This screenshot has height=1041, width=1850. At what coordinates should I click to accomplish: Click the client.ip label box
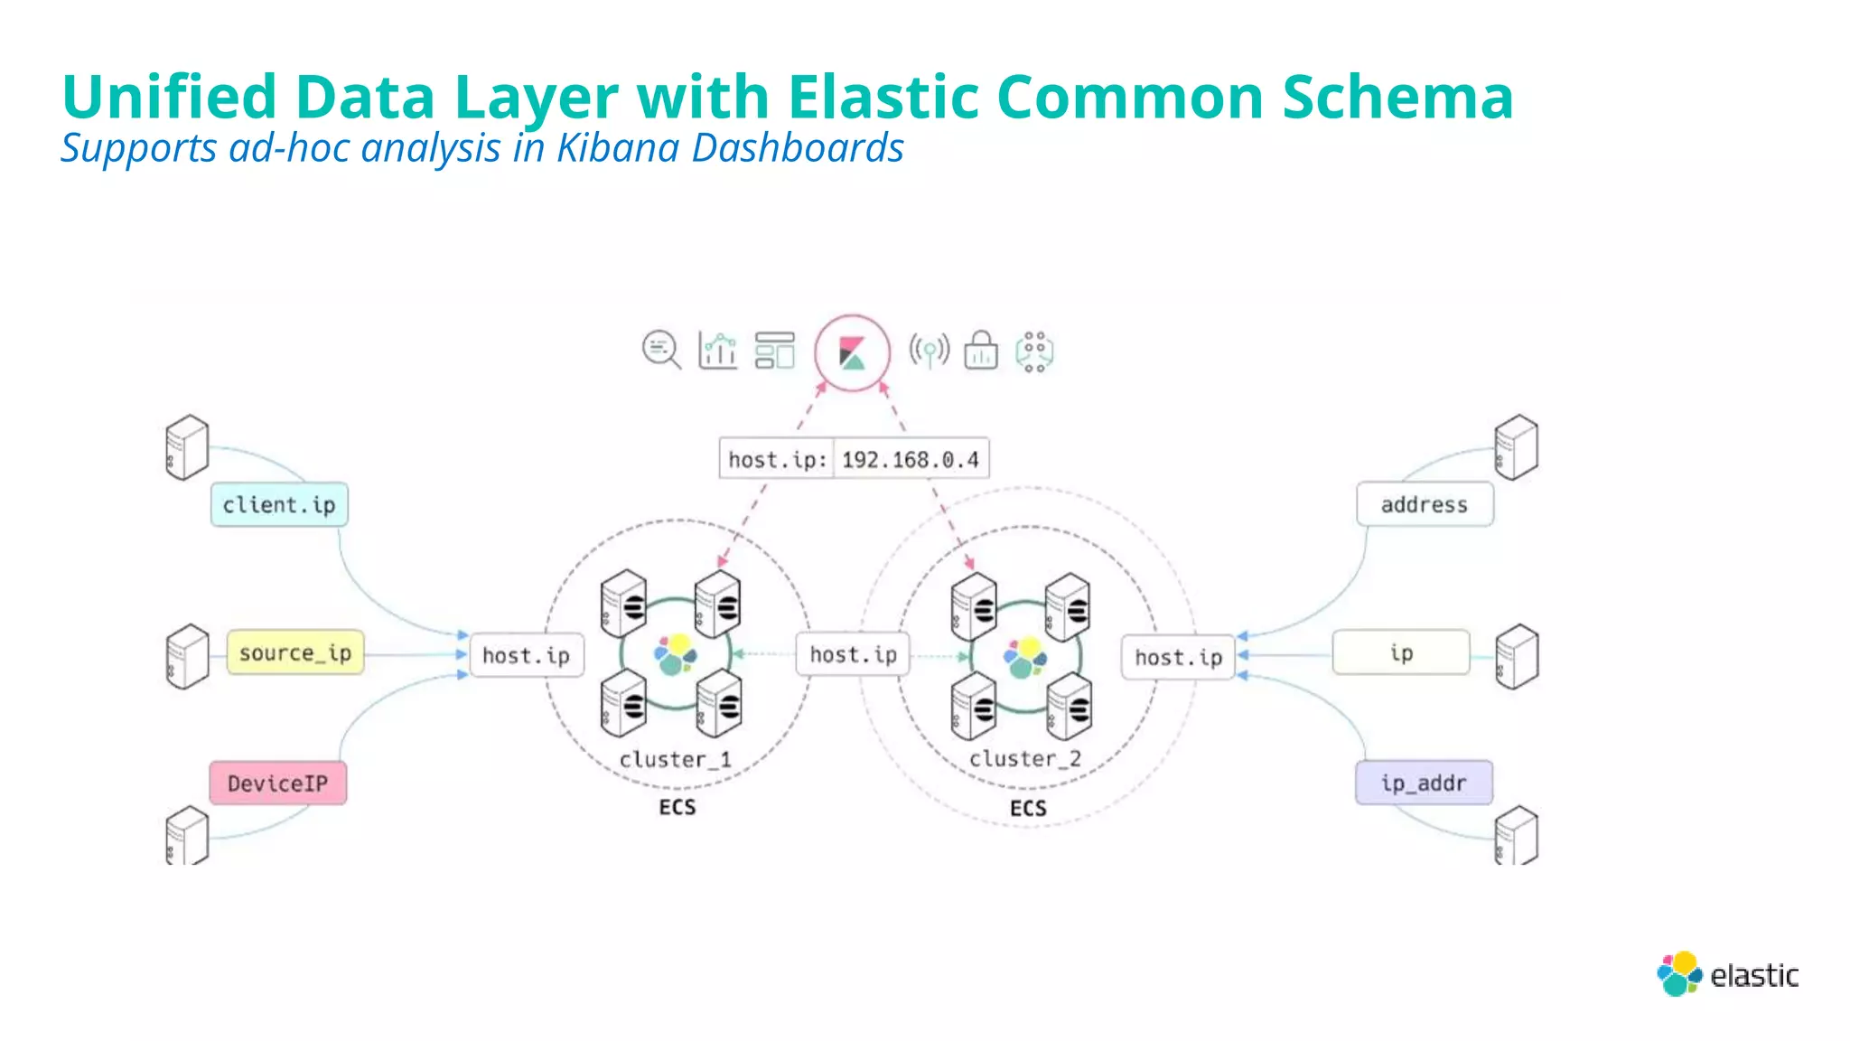(279, 504)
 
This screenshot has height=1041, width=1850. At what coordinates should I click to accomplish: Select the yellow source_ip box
(295, 652)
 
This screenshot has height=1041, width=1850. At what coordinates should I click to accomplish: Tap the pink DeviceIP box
(278, 783)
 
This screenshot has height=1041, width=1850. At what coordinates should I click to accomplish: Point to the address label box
(1425, 504)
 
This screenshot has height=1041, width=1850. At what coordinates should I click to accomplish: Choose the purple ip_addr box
(1424, 783)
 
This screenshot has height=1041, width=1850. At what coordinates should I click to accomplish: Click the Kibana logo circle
(852, 352)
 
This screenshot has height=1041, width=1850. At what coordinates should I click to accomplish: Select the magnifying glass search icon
(661, 350)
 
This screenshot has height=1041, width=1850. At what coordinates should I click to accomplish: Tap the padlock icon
(981, 351)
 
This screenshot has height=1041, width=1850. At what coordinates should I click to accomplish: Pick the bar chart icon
(718, 351)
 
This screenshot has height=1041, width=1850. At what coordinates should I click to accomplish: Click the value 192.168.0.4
(911, 459)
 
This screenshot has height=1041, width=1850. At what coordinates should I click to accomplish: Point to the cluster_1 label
(675, 759)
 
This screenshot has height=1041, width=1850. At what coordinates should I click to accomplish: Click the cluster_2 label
(1025, 759)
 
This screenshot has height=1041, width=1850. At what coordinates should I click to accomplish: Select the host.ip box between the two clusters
(853, 654)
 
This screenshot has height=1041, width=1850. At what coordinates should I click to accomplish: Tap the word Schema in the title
(1397, 97)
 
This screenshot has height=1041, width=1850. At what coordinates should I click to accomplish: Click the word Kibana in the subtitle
(617, 148)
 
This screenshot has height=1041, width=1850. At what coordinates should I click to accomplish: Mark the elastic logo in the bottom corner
(1727, 974)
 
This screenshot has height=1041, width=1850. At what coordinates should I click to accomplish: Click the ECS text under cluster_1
(677, 807)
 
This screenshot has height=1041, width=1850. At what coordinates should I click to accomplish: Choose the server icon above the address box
(1516, 446)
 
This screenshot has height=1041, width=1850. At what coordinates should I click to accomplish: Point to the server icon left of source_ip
(187, 656)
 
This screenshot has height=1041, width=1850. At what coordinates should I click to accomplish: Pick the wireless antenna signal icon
(930, 351)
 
